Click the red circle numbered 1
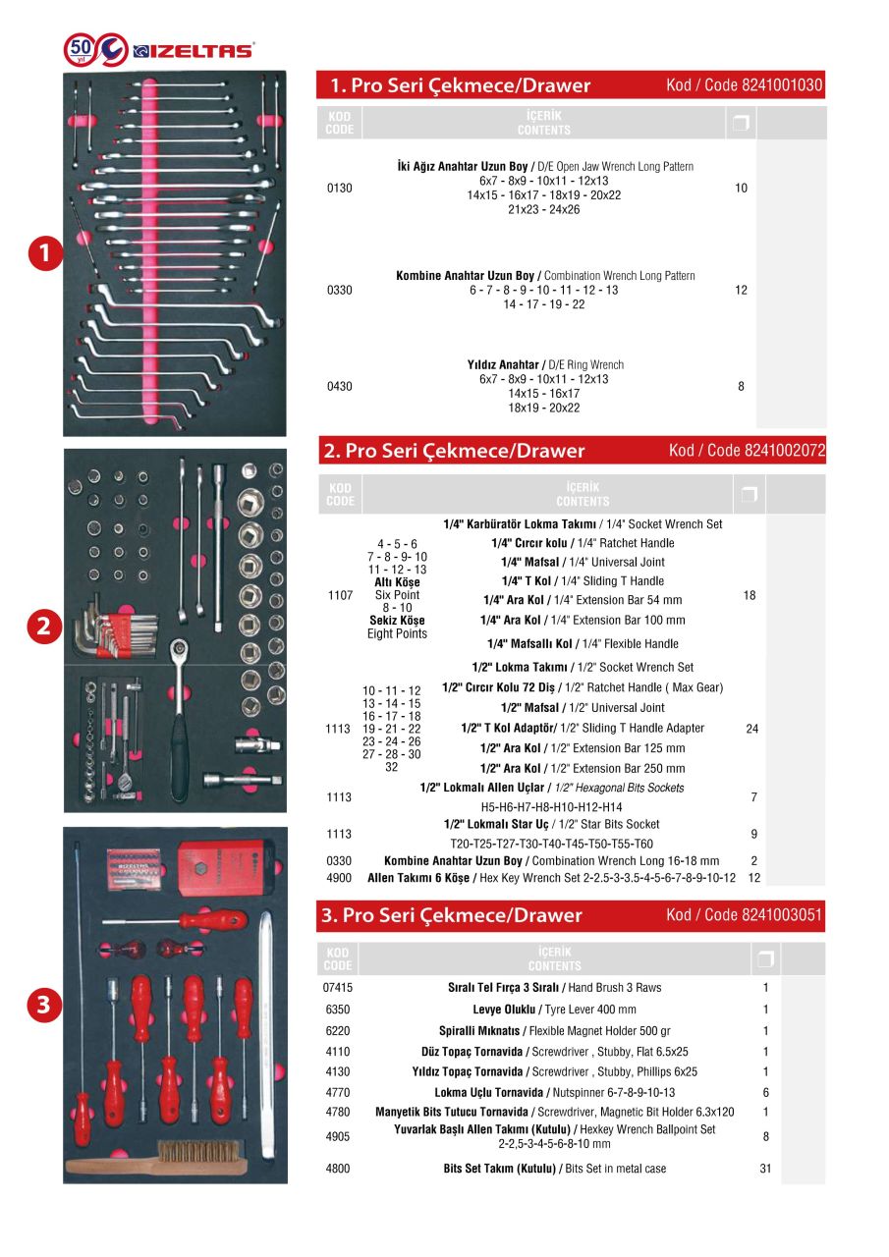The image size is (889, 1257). [43, 253]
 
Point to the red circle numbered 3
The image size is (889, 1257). [43, 1004]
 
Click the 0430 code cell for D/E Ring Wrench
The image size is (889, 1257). [339, 387]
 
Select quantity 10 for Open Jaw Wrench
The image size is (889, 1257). [741, 188]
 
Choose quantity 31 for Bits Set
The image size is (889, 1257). [765, 1170]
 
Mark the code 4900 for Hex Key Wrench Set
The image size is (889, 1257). [339, 878]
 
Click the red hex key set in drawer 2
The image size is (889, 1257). [116, 633]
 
